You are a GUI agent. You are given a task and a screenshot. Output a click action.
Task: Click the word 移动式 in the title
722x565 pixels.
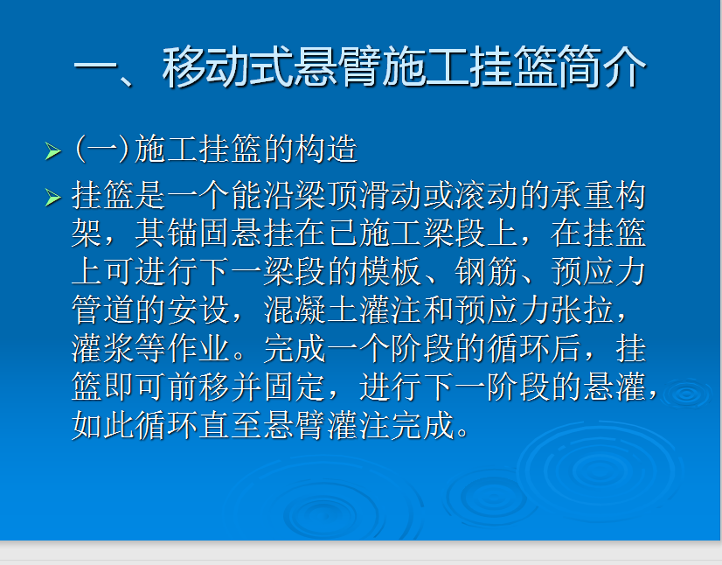point(227,67)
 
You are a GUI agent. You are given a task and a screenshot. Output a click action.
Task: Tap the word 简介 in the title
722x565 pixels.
point(602,67)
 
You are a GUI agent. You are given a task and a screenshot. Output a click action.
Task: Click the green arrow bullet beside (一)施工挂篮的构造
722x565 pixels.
point(53,150)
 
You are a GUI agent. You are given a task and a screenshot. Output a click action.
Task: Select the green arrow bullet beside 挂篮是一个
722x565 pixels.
point(53,198)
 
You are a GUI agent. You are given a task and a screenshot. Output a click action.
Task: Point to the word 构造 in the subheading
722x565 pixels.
point(326,149)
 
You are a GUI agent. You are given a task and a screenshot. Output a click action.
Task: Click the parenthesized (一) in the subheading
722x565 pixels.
point(101,149)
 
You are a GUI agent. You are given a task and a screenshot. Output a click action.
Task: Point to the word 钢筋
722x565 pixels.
point(486,272)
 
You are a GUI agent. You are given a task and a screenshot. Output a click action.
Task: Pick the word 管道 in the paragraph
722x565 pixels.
point(102,310)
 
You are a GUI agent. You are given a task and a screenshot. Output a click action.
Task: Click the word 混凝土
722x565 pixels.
point(310,310)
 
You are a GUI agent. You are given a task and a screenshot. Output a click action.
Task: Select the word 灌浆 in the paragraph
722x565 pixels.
point(102,348)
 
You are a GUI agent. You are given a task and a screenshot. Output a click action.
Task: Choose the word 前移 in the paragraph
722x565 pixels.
point(198,387)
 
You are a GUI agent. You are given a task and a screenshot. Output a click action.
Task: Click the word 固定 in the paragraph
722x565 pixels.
point(294,387)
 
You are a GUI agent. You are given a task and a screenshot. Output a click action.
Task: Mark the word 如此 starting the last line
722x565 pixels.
point(102,425)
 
